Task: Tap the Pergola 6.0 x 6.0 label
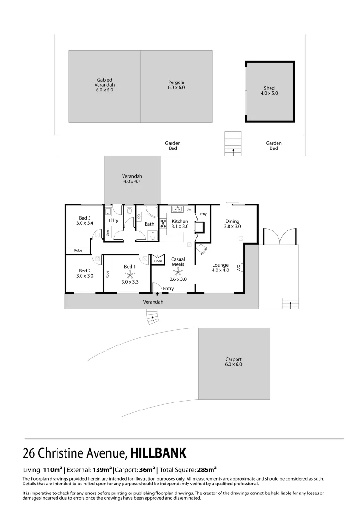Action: point(176,85)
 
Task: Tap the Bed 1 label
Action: point(130,267)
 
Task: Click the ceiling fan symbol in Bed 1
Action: point(130,274)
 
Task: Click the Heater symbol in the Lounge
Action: point(202,248)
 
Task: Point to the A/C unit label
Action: point(239,267)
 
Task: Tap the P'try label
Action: point(203,214)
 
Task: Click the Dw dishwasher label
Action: point(188,209)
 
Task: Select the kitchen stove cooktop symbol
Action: point(163,224)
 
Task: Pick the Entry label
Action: point(168,288)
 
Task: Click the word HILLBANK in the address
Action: point(158,453)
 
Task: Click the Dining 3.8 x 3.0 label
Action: point(232,223)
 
